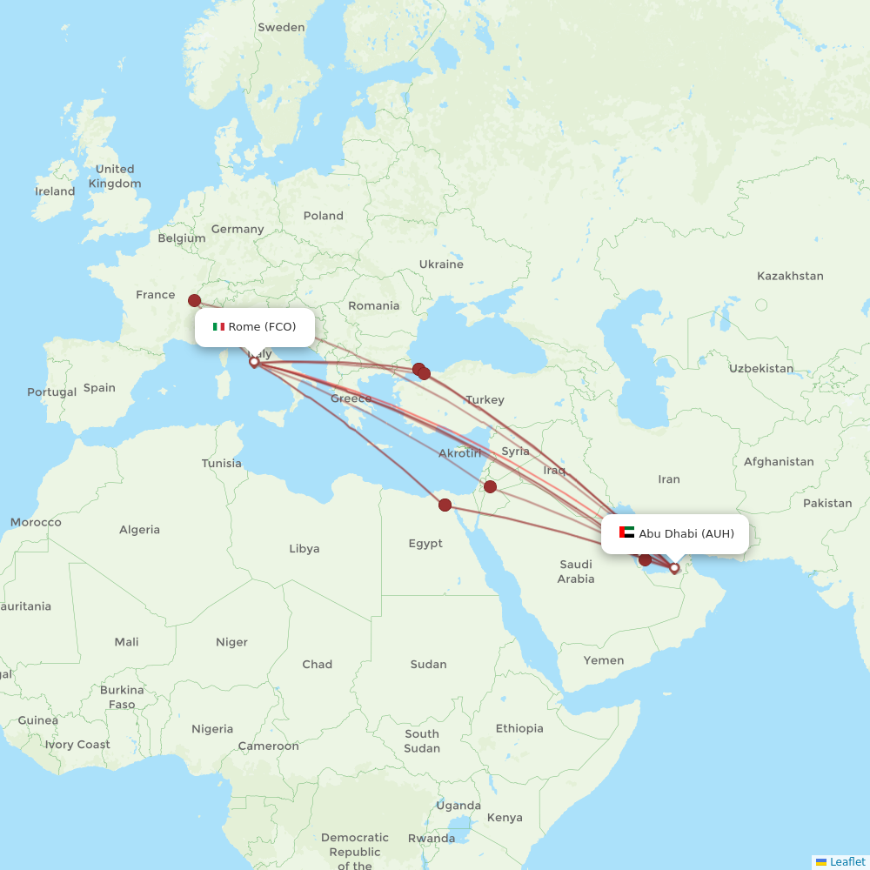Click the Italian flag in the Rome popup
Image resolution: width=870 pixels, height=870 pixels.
click(x=218, y=327)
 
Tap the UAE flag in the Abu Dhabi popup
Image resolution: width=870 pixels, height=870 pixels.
click(x=626, y=532)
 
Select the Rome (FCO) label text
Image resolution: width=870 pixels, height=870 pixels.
click(x=262, y=327)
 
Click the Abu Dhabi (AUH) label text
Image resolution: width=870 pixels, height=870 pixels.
click(x=686, y=533)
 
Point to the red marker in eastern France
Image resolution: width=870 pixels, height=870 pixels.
click(x=194, y=300)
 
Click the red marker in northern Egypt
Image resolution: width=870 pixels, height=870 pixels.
click(x=445, y=505)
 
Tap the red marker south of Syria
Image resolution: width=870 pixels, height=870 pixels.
click(x=491, y=486)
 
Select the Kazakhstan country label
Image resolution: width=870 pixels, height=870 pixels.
click(x=789, y=276)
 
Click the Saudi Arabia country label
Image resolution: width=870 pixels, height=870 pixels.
click(x=576, y=572)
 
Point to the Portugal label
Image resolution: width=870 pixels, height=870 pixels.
click(x=51, y=392)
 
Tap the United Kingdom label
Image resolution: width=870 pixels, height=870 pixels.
click(x=115, y=177)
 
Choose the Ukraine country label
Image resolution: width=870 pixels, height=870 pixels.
click(x=441, y=264)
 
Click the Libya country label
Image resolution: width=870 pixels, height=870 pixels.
click(x=304, y=549)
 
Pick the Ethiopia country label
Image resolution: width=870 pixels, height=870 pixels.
click(x=519, y=728)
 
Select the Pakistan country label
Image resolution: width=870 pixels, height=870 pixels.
click(x=827, y=503)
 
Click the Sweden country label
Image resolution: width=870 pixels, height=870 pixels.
click(x=281, y=27)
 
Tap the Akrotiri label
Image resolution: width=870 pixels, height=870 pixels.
click(x=459, y=453)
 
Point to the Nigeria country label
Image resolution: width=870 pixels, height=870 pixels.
click(x=212, y=729)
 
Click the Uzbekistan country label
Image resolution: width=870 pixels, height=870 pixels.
click(x=761, y=368)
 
